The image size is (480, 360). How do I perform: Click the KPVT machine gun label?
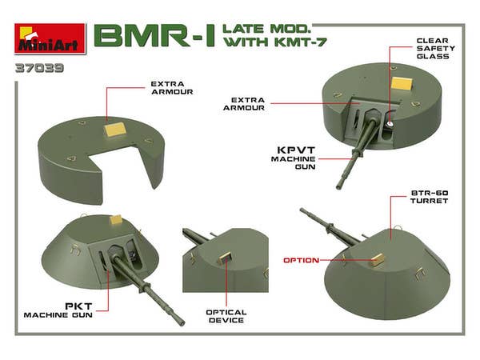coord(298,155)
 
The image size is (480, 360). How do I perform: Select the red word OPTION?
coord(302,260)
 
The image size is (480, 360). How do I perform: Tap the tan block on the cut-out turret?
coord(114,125)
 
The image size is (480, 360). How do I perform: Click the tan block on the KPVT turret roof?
coord(400,83)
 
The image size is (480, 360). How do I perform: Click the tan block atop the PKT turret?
coord(116,218)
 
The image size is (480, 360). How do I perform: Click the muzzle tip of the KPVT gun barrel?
coord(339,186)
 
